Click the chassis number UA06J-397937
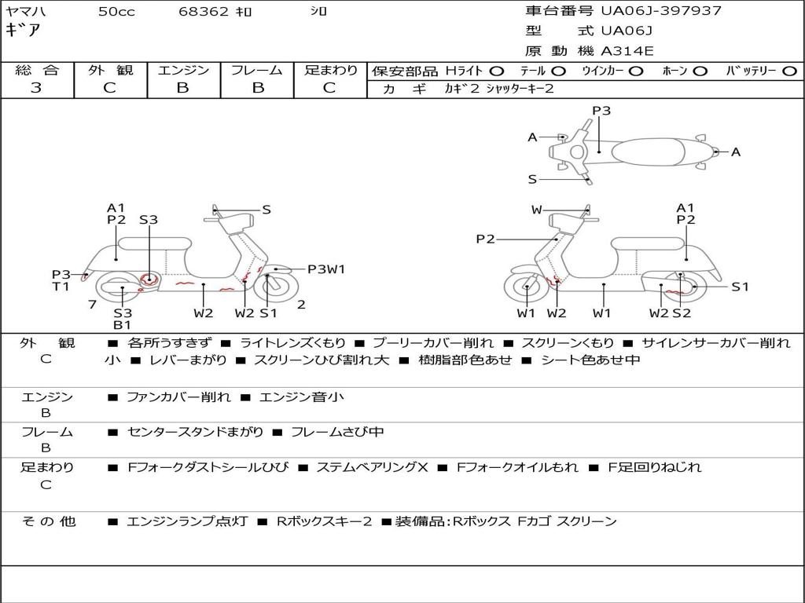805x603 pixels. pyautogui.click(x=661, y=11)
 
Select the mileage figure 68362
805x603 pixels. pyautogui.click(x=203, y=11)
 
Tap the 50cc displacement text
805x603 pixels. pyautogui.click(x=116, y=11)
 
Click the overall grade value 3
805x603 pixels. pyautogui.click(x=36, y=88)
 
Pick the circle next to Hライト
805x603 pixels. pyautogui.click(x=497, y=71)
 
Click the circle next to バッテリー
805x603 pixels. pyautogui.click(x=789, y=71)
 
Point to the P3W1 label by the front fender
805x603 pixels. pyautogui.click(x=326, y=269)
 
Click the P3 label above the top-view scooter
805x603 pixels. pyautogui.click(x=601, y=111)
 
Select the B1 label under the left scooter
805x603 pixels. pyautogui.click(x=122, y=325)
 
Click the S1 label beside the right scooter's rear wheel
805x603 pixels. pyautogui.click(x=740, y=287)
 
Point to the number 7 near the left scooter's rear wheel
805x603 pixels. pyautogui.click(x=93, y=305)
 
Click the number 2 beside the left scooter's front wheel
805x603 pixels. pyautogui.click(x=301, y=305)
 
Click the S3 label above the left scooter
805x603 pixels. pyautogui.click(x=149, y=220)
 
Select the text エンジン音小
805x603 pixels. pyautogui.click(x=302, y=397)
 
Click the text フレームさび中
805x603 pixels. pyautogui.click(x=337, y=433)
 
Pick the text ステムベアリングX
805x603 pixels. pyautogui.click(x=372, y=467)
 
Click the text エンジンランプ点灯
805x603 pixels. pyautogui.click(x=187, y=521)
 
